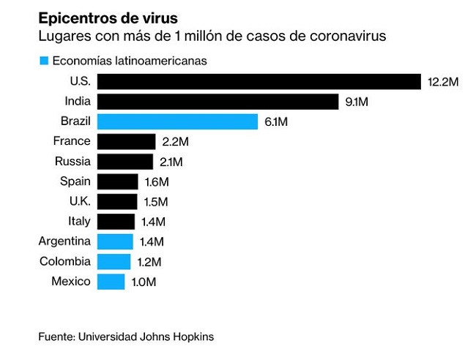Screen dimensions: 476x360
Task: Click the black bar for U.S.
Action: point(259,81)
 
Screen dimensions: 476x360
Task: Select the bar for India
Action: point(217,102)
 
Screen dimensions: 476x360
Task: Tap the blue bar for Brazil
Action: point(177,121)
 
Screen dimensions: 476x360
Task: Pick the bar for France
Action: point(126,142)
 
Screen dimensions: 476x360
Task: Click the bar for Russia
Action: point(125,162)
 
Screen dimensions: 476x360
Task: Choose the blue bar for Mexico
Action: point(111,282)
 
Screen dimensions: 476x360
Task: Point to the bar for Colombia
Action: point(114,262)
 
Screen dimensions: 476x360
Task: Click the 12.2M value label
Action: point(443,82)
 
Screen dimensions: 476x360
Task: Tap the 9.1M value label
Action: point(357,102)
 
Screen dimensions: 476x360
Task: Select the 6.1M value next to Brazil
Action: point(276,122)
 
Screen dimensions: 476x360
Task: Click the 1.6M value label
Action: point(157,182)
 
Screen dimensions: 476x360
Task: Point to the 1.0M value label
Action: point(144,282)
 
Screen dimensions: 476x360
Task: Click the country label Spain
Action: point(75,181)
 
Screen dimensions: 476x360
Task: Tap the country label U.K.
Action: point(80,200)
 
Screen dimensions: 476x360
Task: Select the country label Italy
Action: point(79,221)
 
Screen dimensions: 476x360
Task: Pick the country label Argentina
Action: point(64,241)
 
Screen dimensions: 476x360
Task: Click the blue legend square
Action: point(44,61)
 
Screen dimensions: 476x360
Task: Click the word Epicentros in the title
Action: point(78,19)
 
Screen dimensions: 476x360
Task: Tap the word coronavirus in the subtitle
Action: point(348,36)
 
